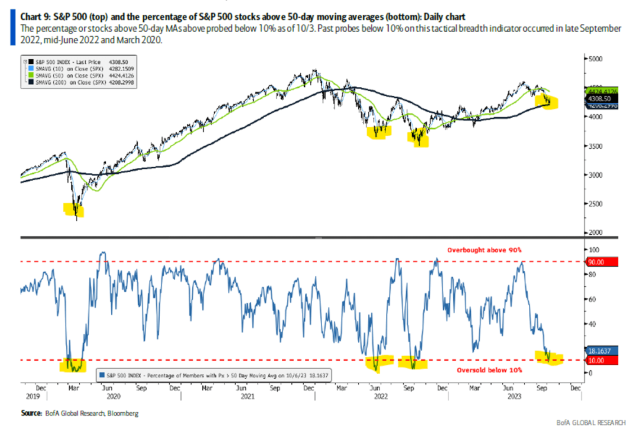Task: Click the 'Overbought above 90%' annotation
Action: click(484, 250)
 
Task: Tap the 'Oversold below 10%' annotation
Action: click(489, 370)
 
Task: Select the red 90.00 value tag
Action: click(602, 262)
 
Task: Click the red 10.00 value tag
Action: click(602, 360)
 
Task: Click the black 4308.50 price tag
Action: click(601, 99)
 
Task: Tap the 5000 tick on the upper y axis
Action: click(596, 59)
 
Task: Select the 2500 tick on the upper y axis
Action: click(596, 204)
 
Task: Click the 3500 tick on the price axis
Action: click(596, 146)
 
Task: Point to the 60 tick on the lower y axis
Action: click(592, 299)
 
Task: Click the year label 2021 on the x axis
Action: click(247, 396)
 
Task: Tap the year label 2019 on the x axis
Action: click(33, 396)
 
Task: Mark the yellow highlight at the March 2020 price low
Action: click(74, 210)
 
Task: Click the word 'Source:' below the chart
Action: click(31, 413)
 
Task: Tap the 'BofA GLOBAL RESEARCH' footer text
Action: click(591, 423)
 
